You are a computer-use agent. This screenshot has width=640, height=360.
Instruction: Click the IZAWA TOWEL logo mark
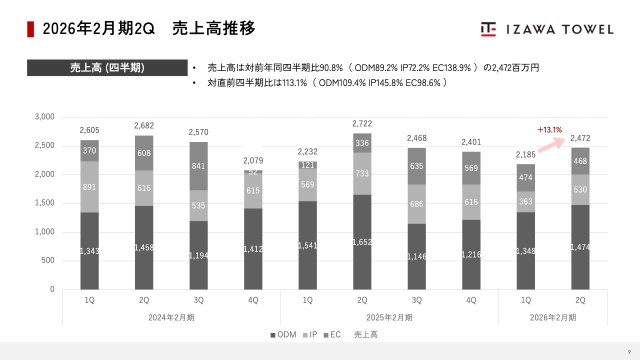pyautogui.click(x=488, y=29)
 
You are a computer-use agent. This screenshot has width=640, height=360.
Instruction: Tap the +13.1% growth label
pyautogui.click(x=549, y=130)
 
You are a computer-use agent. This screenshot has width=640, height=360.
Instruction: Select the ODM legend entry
pyautogui.click(x=283, y=334)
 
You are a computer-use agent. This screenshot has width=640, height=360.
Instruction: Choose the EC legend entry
pyautogui.click(x=332, y=334)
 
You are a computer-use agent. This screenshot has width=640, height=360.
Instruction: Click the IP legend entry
pyautogui.click(x=310, y=334)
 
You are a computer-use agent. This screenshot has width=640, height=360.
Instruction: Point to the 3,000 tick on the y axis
pyautogui.click(x=44, y=117)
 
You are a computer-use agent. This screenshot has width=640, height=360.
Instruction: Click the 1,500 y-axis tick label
pyautogui.click(x=44, y=203)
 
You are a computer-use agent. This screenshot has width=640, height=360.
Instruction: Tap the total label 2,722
pyautogui.click(x=362, y=123)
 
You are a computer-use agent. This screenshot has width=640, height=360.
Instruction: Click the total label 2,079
pyautogui.click(x=253, y=160)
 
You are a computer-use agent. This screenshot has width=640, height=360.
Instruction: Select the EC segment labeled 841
pyautogui.click(x=198, y=166)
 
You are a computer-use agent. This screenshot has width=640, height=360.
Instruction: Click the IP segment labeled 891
pyautogui.click(x=89, y=187)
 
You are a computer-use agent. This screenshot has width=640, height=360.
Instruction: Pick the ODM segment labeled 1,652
pyautogui.click(x=362, y=242)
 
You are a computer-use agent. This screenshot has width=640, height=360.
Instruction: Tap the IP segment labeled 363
pyautogui.click(x=525, y=201)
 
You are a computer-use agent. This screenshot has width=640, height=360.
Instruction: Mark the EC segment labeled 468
pyautogui.click(x=580, y=161)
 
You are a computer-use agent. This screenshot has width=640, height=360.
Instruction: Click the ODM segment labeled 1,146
pyautogui.click(x=416, y=256)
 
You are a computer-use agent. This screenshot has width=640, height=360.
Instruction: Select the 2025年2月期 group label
pyautogui.click(x=389, y=317)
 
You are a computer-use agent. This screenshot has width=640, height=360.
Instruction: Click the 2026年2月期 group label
pyautogui.click(x=553, y=317)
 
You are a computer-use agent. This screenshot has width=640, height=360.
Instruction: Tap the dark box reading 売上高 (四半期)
pyautogui.click(x=107, y=67)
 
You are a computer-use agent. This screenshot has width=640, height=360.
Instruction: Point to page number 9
pyautogui.click(x=629, y=351)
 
